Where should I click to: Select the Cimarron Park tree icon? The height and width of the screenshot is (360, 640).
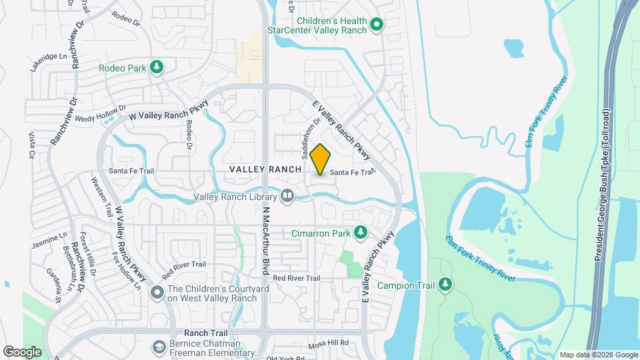(361, 232)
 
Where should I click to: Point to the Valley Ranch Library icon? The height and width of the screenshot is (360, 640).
(287, 196)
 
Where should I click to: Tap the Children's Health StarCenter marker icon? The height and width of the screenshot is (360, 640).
(376, 25)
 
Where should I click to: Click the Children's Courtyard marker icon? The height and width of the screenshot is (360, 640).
(157, 292)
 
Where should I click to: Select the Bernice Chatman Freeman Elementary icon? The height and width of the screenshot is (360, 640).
(159, 347)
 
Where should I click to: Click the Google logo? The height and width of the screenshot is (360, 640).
(22, 351)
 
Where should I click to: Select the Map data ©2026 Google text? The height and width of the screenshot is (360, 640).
(598, 355)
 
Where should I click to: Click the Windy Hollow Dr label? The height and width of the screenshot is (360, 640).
(101, 113)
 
